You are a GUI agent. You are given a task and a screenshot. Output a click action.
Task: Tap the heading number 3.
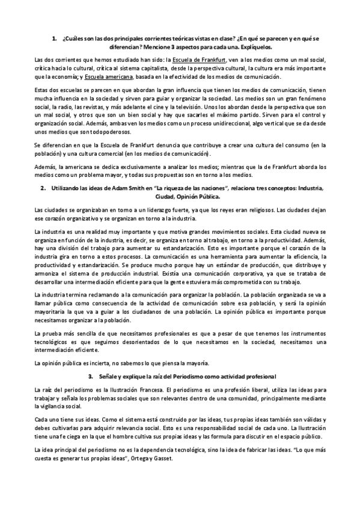tap(90, 376)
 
